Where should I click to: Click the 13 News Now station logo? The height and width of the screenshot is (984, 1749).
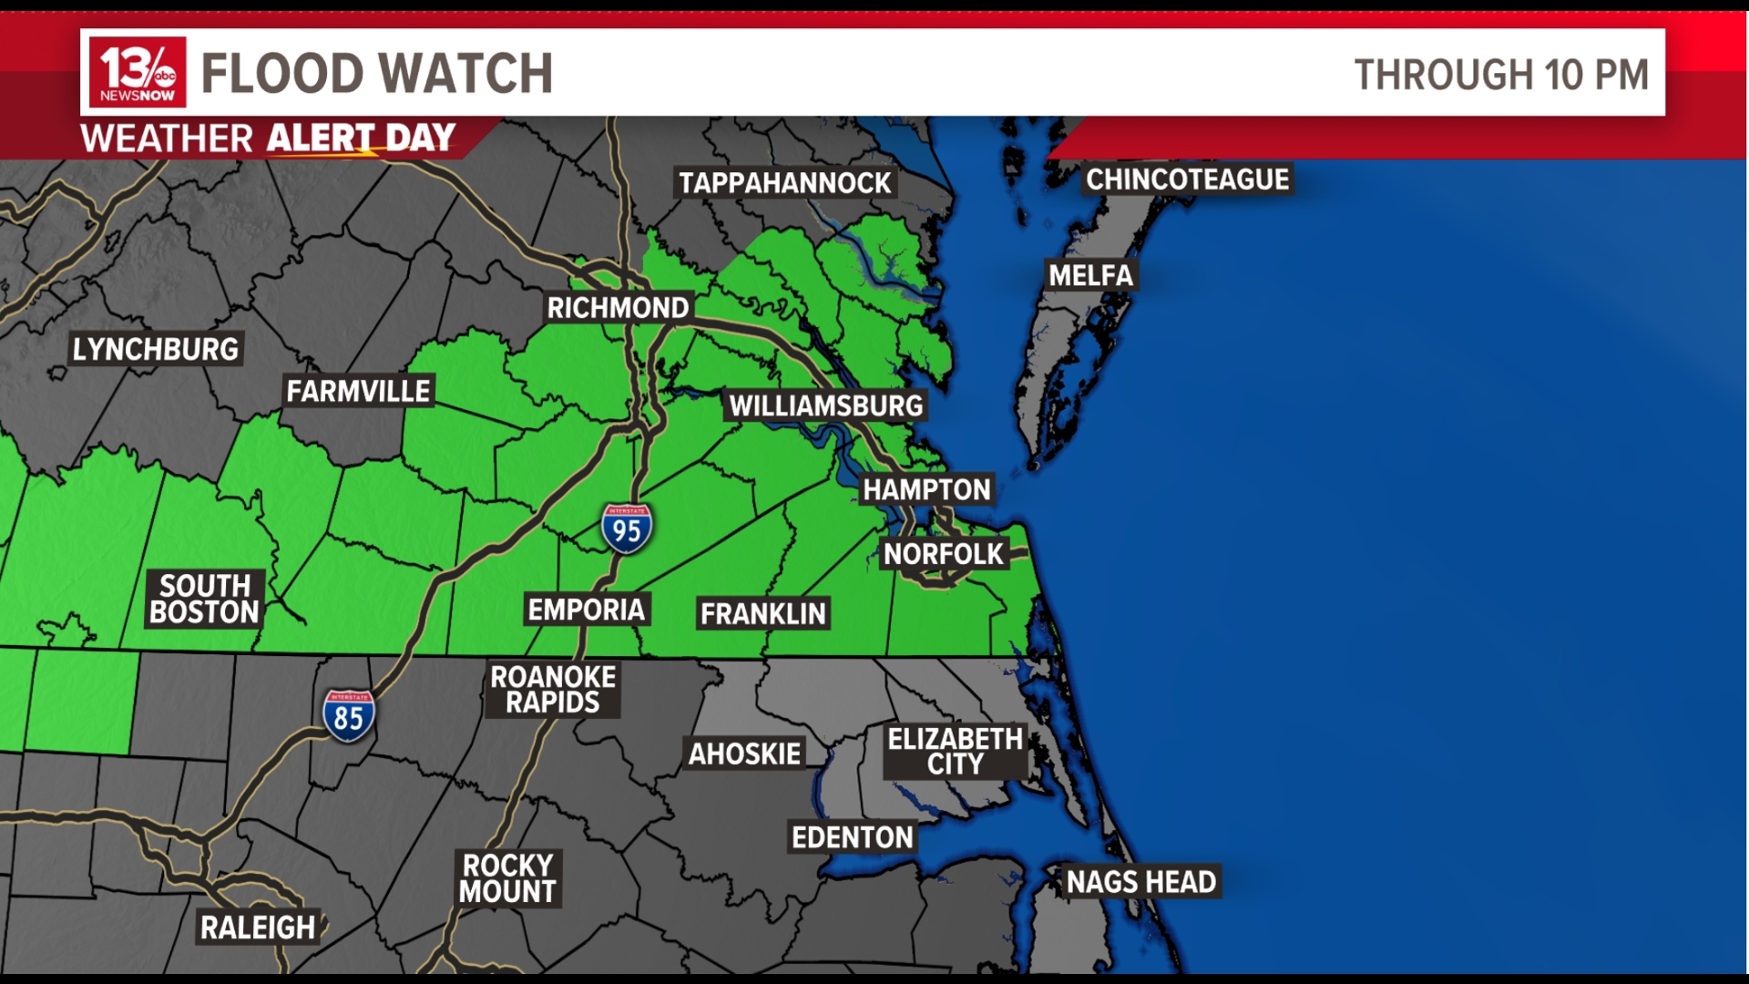(x=138, y=73)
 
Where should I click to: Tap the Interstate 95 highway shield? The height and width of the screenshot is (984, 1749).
(x=627, y=528)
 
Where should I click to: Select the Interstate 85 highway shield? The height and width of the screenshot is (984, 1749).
(x=348, y=715)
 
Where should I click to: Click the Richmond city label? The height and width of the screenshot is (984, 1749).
(x=618, y=308)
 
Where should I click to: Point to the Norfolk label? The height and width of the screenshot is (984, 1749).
(x=943, y=554)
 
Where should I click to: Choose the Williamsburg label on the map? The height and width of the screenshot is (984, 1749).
(x=825, y=405)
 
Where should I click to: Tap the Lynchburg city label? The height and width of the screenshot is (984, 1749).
(x=155, y=349)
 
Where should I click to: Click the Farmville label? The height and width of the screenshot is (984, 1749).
(x=358, y=391)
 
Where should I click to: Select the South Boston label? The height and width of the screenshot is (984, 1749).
(x=205, y=599)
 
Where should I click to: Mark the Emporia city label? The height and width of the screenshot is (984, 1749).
(x=587, y=610)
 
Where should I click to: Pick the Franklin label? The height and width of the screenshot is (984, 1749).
(x=762, y=614)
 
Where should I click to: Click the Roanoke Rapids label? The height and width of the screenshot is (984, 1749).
(x=553, y=690)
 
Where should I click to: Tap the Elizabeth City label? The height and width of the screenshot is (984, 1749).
(x=955, y=752)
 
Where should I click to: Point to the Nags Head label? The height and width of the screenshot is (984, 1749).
(x=1140, y=882)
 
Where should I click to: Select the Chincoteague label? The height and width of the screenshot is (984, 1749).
(x=1187, y=179)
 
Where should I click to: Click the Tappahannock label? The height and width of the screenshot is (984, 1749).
(x=784, y=183)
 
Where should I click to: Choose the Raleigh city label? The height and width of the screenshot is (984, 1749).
(x=258, y=928)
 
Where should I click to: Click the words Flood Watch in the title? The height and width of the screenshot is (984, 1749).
(x=376, y=74)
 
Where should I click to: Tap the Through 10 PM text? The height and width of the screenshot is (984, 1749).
(x=1501, y=75)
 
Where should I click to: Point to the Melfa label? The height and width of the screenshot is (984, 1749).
(x=1090, y=275)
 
